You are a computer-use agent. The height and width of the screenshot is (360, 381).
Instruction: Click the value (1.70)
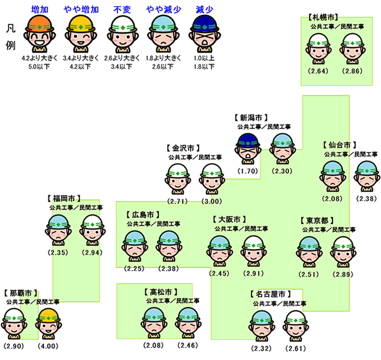248,172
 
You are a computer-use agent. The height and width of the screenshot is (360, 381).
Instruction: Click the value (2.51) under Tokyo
310,274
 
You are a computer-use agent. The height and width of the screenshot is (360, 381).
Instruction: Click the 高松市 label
159,292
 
